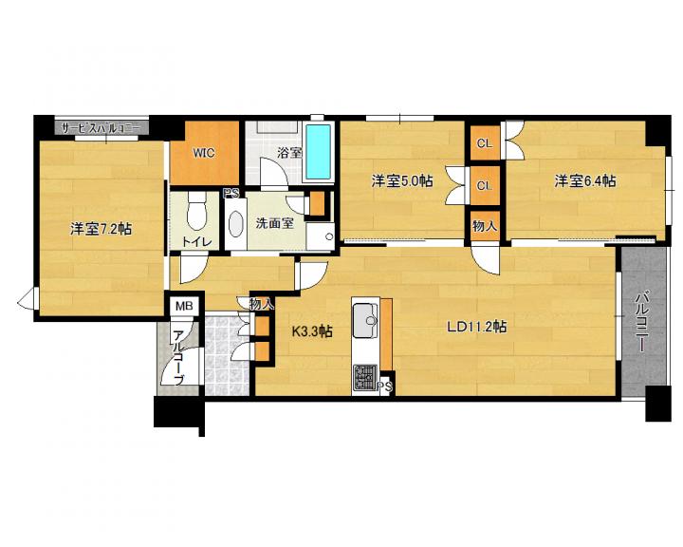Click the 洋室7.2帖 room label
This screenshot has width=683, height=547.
(x=102, y=229)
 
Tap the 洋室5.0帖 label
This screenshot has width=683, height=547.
(x=402, y=180)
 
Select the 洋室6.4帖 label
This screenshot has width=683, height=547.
(x=585, y=180)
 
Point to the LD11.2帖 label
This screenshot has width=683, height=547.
(x=476, y=327)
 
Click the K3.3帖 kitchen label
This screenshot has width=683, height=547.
(x=312, y=331)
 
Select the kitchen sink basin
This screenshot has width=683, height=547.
(x=365, y=321)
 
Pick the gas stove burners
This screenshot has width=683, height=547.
(x=365, y=377)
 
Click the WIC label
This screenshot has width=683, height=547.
(x=204, y=153)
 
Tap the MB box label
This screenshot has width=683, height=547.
(x=184, y=306)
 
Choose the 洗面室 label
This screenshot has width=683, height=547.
(x=275, y=223)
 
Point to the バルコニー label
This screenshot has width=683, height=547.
(x=640, y=323)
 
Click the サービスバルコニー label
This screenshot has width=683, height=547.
(x=101, y=128)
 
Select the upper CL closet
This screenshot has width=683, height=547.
(x=485, y=143)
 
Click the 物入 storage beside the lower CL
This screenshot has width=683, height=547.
(x=485, y=226)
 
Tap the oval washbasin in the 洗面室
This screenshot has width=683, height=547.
(x=236, y=224)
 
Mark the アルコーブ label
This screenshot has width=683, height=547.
(x=178, y=358)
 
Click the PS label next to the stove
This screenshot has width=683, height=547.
(x=385, y=387)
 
